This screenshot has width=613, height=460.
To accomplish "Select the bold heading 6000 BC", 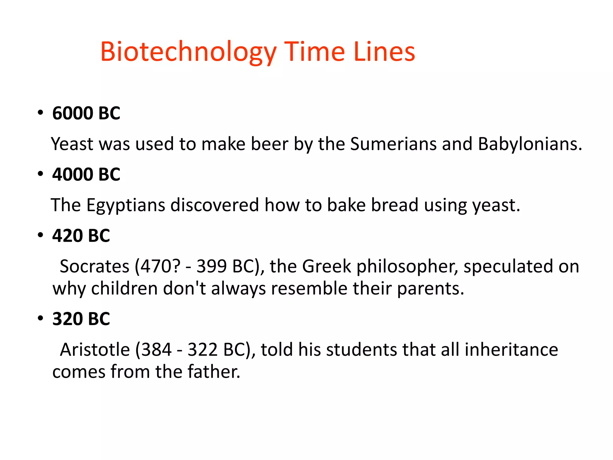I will coord(86,113).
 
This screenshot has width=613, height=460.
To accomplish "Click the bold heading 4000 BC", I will coord(86,174).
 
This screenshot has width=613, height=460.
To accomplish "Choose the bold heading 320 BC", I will coord(81,319).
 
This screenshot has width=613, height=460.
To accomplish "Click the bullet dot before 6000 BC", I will coord(40,113).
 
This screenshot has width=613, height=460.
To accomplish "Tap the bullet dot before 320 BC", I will coord(40,318).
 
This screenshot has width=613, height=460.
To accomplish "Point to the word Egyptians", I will coord(126,205).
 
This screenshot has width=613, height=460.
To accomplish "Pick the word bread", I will coord(394,205).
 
